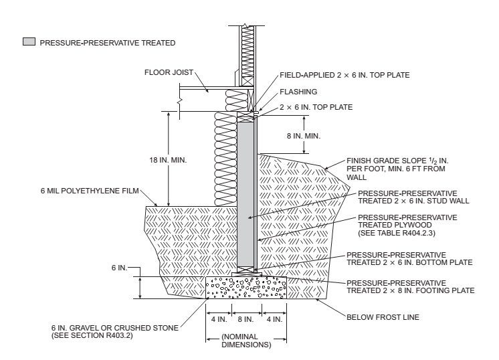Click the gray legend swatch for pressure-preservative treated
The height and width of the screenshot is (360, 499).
[28, 42]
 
